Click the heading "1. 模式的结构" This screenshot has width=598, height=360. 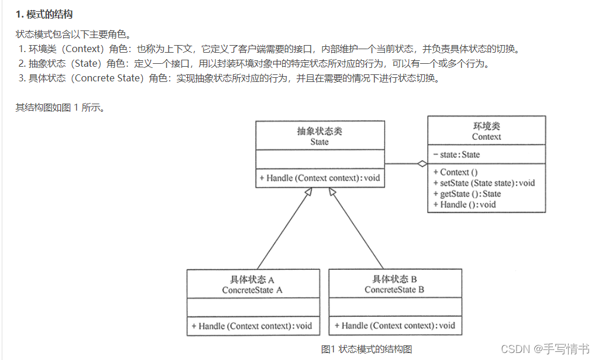(44, 14)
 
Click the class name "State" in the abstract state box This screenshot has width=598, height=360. (319, 142)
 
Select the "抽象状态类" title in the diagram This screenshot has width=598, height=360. (319, 131)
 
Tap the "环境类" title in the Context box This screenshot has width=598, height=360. (486, 126)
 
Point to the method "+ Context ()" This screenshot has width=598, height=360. (455, 172)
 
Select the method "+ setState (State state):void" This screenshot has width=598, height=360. (484, 183)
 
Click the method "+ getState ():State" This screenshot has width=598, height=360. (467, 194)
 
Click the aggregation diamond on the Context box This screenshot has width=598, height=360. (422, 164)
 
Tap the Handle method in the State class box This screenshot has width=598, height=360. (319, 178)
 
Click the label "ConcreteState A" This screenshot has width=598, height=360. (252, 290)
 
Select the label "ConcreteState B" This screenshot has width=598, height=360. (394, 290)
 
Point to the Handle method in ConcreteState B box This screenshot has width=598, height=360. (394, 325)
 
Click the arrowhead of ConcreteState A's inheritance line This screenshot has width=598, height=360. (307, 194)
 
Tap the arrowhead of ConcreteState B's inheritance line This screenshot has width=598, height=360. (333, 194)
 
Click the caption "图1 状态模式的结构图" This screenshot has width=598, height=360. (366, 349)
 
